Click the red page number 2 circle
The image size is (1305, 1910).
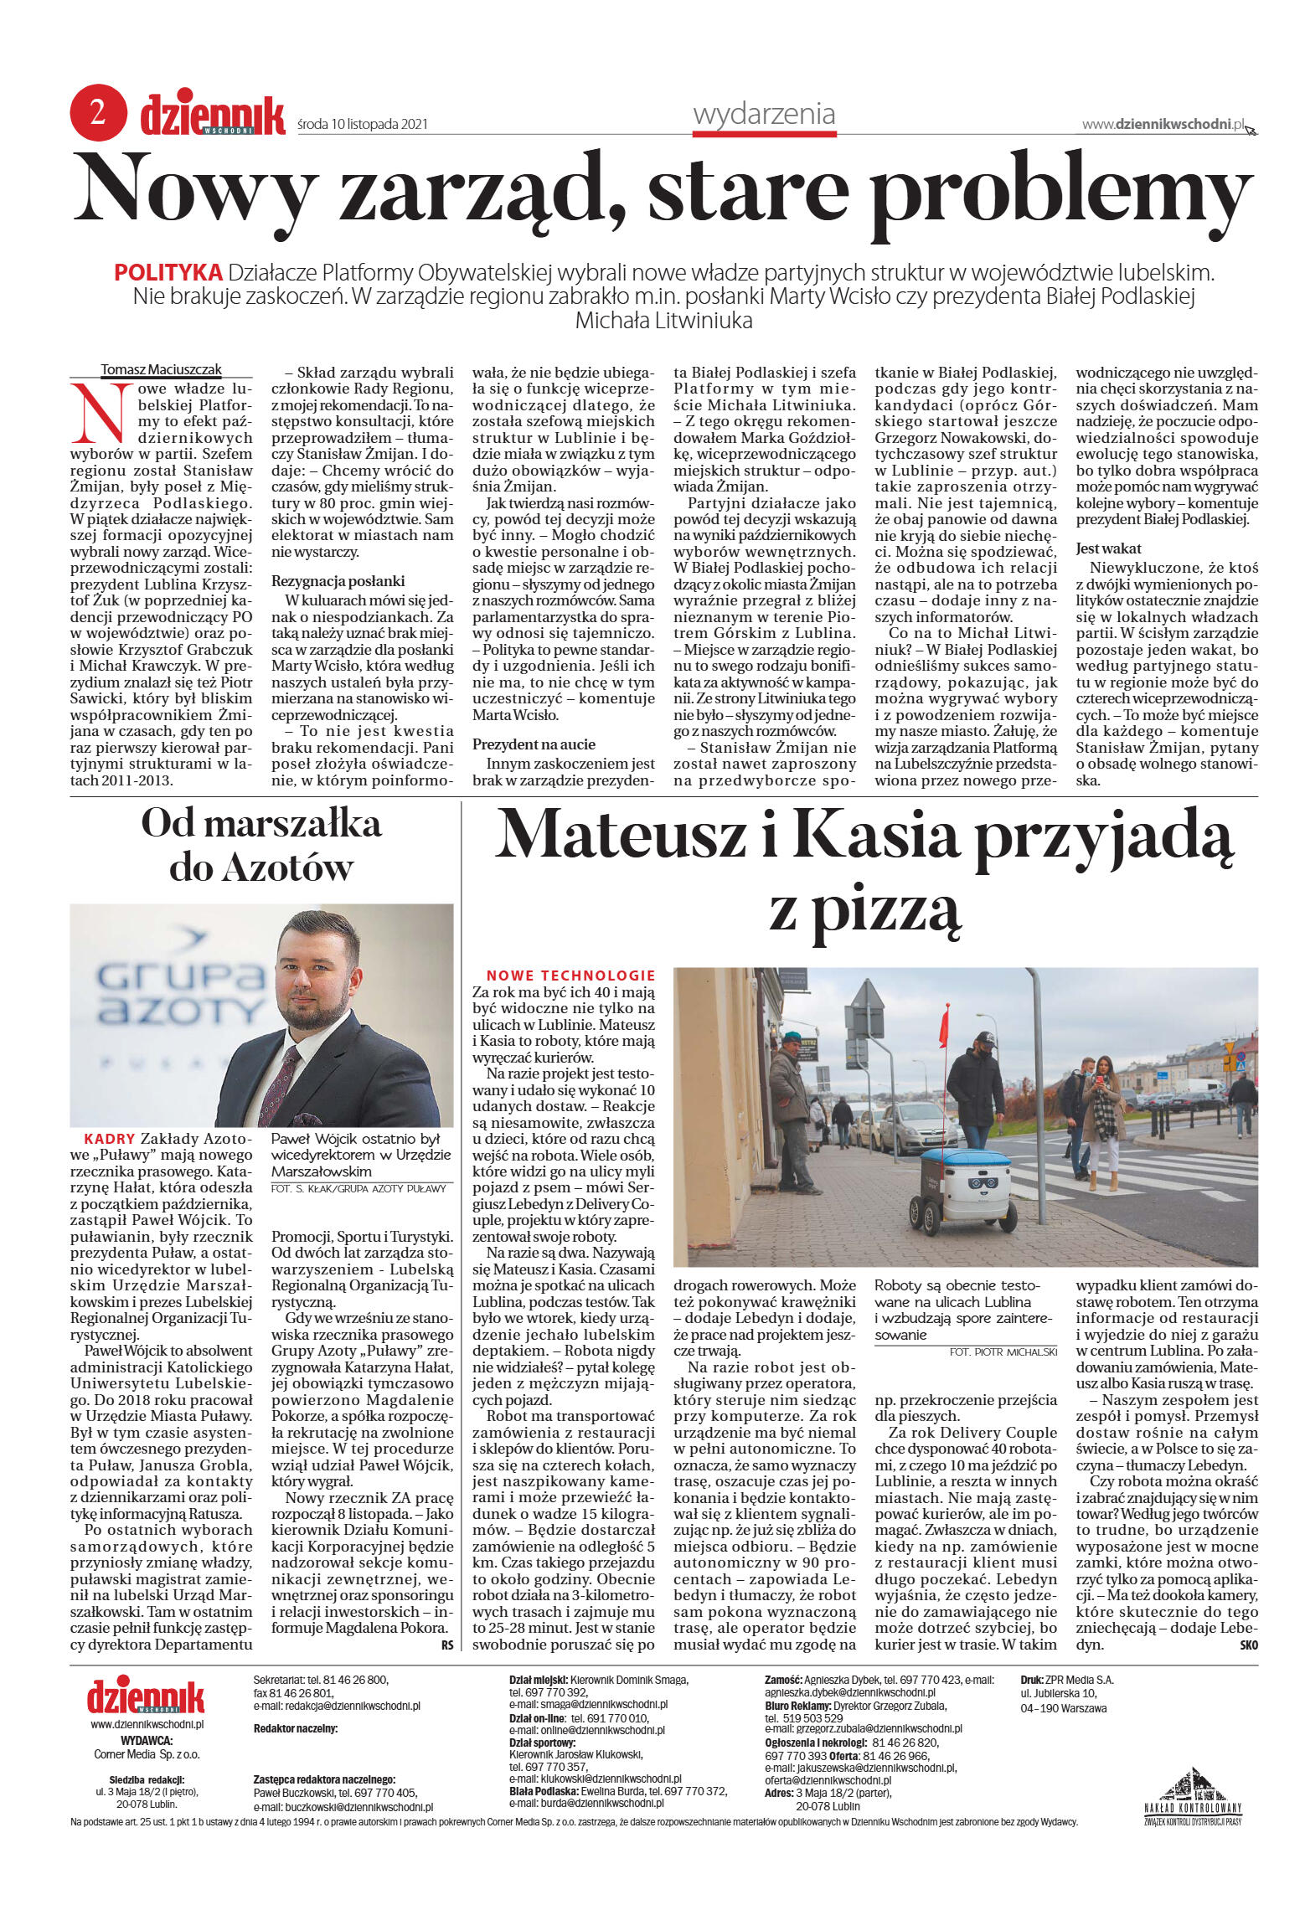click(98, 113)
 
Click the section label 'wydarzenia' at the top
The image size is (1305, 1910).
click(763, 114)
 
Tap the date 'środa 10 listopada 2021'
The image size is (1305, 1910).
click(363, 124)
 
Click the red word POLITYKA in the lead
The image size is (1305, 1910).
click(168, 272)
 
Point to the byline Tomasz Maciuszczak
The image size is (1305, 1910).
click(161, 369)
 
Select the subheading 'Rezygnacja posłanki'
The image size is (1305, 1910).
click(338, 580)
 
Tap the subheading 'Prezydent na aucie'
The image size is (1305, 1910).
click(534, 744)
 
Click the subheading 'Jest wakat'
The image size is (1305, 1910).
click(1108, 548)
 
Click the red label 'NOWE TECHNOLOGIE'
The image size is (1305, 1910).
click(570, 976)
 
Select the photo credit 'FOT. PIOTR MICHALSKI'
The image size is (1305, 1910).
click(1003, 1351)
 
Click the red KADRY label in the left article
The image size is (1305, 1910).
click(110, 1139)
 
